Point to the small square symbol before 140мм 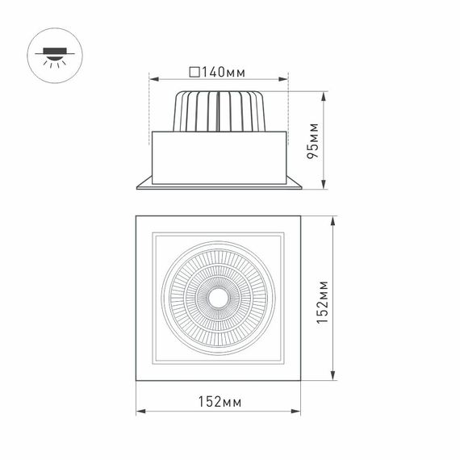tap(194, 73)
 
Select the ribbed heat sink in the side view tap(218, 111)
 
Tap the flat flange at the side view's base tap(218, 186)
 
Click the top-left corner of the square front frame tap(136, 216)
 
